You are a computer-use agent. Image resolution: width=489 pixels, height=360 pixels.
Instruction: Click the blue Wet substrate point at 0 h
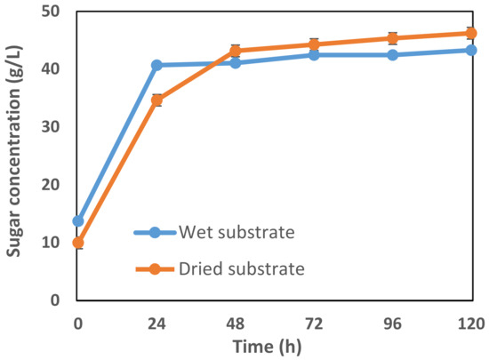click(x=78, y=220)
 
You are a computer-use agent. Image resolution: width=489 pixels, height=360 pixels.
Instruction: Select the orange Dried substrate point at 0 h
click(x=78, y=243)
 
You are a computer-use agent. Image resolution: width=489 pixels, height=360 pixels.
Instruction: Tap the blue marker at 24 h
click(x=156, y=65)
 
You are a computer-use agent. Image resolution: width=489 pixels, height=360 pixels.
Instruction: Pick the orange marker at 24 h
click(x=156, y=100)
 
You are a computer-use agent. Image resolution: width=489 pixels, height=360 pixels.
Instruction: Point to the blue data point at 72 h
click(x=314, y=55)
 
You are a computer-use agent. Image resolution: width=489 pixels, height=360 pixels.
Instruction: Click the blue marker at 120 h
click(x=470, y=50)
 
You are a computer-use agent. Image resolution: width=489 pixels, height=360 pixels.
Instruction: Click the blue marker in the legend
click(x=155, y=233)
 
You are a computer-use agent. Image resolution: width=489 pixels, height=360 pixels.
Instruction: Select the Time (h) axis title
click(x=274, y=345)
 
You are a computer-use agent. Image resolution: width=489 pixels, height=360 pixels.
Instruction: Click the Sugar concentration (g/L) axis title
click(x=16, y=156)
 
